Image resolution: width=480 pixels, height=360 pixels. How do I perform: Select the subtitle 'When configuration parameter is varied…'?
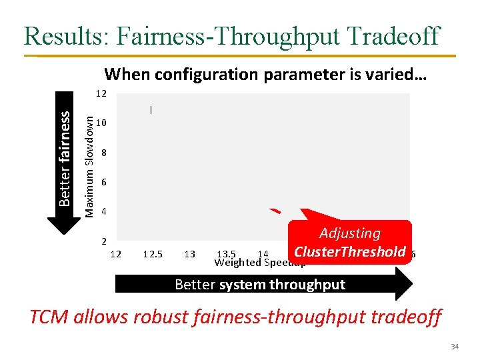pos(265,73)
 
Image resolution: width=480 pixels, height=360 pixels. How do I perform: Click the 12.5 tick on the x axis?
pos(152,254)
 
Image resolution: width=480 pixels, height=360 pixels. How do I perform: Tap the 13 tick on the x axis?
pos(189,254)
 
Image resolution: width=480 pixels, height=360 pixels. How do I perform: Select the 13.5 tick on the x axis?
pos(227,253)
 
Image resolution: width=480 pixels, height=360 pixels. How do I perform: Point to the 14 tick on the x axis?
pos(263,254)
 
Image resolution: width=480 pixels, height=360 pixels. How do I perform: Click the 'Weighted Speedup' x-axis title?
pos(260,262)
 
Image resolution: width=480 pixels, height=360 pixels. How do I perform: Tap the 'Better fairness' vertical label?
pos(65,157)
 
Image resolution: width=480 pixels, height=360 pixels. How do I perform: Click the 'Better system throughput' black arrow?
pos(263,285)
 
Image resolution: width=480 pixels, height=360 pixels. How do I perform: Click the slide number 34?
pos(455,347)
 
